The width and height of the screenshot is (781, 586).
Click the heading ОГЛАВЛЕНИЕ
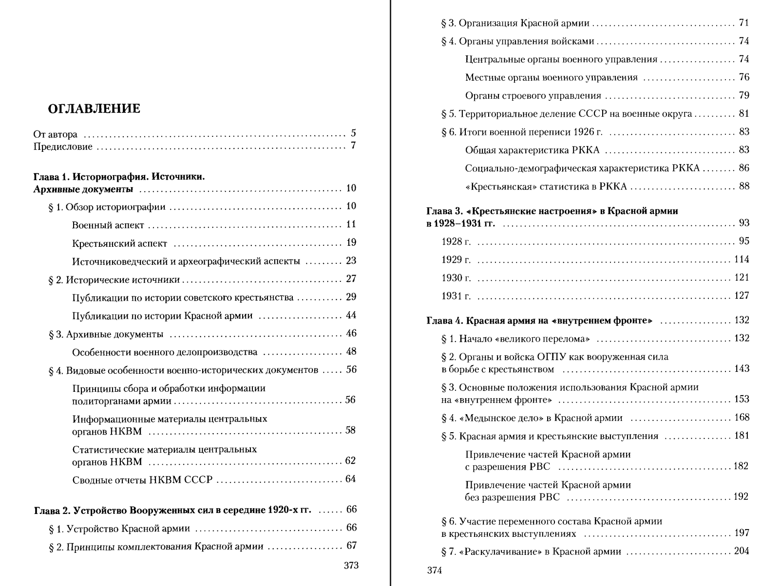[x=94, y=109]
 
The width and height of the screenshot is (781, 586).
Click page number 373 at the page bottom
[x=351, y=566]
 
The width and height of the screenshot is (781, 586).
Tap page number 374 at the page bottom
[x=434, y=571]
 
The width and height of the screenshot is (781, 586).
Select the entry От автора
[x=55, y=134]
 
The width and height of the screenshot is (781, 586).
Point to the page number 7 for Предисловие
[x=353, y=146]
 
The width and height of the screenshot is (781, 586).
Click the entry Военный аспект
[x=108, y=225]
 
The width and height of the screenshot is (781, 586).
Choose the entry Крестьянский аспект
[x=119, y=243]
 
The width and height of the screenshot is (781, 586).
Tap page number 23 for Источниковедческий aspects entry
[x=351, y=261]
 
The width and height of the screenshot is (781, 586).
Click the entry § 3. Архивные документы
[x=106, y=334]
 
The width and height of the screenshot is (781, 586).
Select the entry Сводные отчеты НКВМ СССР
[x=142, y=480]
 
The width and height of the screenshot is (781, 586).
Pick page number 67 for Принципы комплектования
[x=351, y=546]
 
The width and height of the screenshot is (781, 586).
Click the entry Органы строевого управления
[x=533, y=96]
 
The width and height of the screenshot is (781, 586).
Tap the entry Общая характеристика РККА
[x=532, y=150]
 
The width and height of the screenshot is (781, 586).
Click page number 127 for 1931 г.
[x=742, y=296]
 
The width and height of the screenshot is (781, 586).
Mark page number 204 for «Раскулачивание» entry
[x=742, y=551]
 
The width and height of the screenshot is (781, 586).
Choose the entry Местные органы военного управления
[x=551, y=78]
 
